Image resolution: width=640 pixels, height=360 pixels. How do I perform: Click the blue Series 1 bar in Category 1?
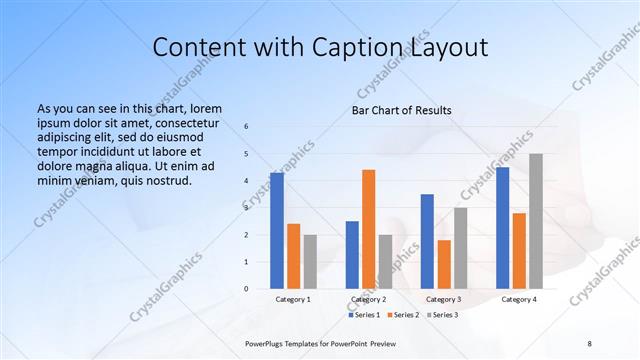point(277,231)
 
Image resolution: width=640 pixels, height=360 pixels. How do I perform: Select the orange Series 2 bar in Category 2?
point(368,229)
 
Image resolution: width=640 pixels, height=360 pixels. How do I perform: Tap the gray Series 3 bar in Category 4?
point(536,221)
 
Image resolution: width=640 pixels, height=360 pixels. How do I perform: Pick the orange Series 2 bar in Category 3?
point(444,264)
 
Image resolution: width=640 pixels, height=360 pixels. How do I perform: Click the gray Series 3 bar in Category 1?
point(310,262)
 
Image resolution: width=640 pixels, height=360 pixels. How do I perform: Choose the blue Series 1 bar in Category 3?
point(427,241)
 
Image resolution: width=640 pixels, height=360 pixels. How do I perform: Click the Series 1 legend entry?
point(364,315)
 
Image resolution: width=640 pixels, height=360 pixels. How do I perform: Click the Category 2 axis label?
point(369,299)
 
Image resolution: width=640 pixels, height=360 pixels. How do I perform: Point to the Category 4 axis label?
point(518,299)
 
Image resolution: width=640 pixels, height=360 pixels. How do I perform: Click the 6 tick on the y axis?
point(246,127)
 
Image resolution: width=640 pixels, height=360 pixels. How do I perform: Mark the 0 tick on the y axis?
point(246,289)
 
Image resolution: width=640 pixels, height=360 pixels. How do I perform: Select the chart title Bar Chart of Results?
point(401,110)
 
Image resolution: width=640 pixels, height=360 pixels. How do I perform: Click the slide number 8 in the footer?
point(589,342)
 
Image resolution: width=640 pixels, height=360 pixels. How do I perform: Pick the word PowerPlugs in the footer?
point(268,342)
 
